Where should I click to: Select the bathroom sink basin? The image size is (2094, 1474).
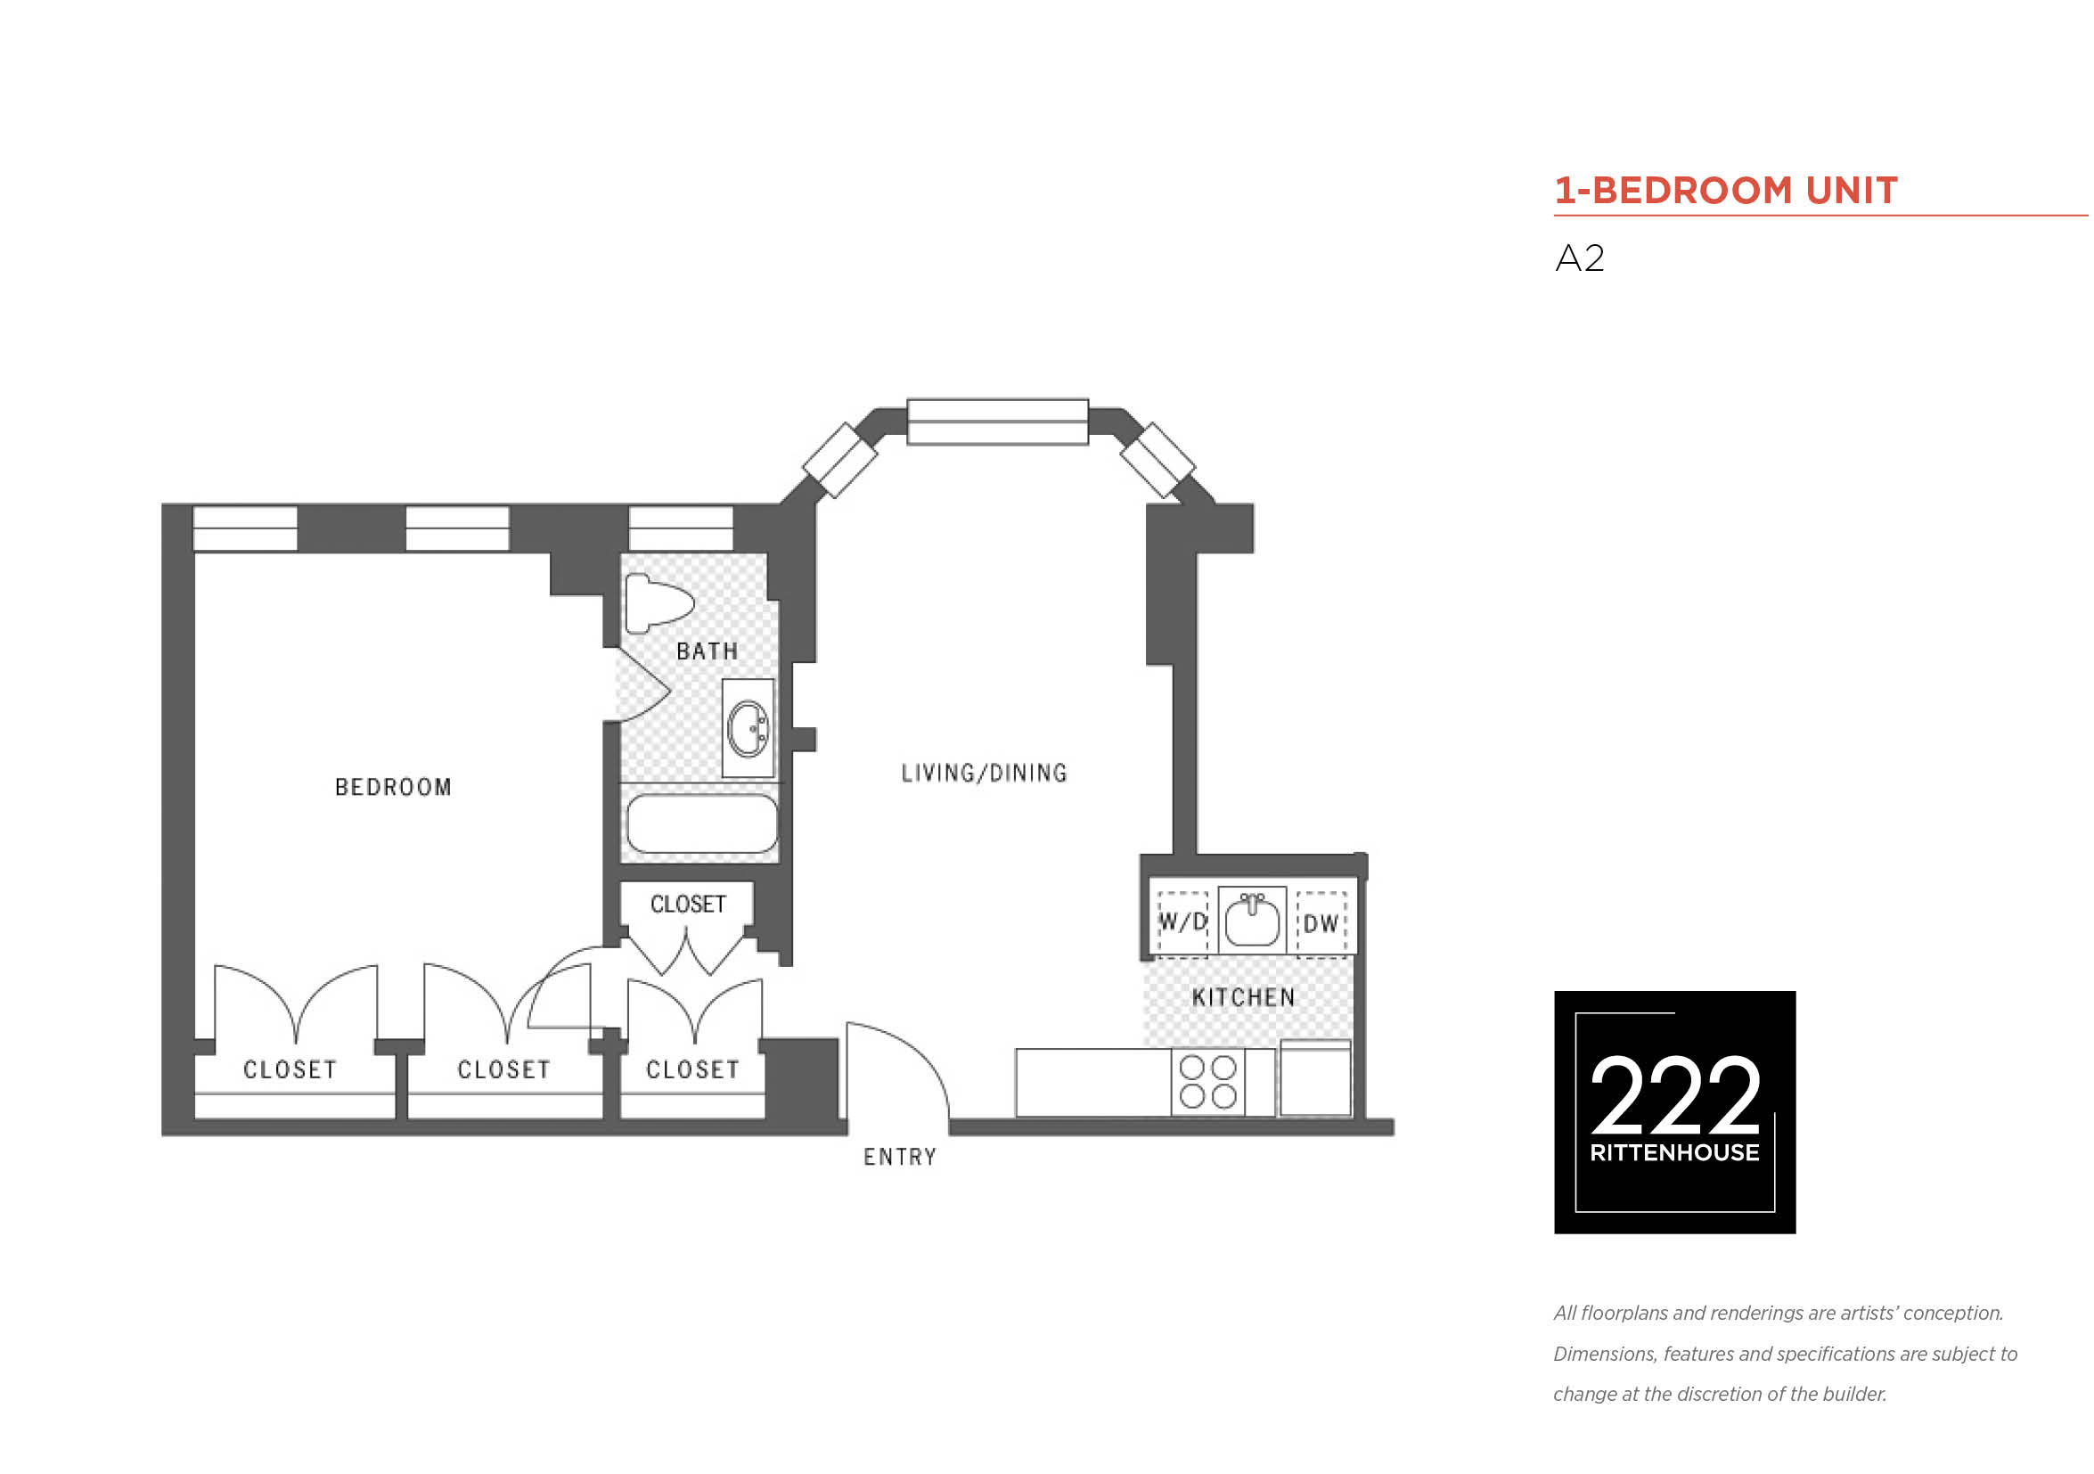coord(748,729)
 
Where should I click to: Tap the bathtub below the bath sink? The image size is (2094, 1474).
coord(702,823)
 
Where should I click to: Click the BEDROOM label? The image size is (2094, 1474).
coord(393,788)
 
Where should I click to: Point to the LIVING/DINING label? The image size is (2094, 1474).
coord(984,774)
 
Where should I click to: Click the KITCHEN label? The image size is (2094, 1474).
coord(1244,998)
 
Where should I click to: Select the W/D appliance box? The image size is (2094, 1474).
coord(1183,924)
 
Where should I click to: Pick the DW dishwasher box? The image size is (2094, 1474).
coord(1321,925)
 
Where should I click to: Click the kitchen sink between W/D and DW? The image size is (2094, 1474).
coord(1252,921)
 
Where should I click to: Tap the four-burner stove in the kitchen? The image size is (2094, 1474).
coord(1208,1083)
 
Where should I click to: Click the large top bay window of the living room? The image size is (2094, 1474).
coord(998,422)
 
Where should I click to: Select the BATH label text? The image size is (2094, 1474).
coord(708,652)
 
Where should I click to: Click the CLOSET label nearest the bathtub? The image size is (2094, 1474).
coord(689,905)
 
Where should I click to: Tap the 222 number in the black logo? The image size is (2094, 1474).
coord(1675,1094)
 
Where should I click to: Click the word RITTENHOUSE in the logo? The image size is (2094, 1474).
coord(1675,1154)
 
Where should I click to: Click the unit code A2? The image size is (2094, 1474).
coord(1580,259)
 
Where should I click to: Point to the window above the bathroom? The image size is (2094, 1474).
coord(682,529)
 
